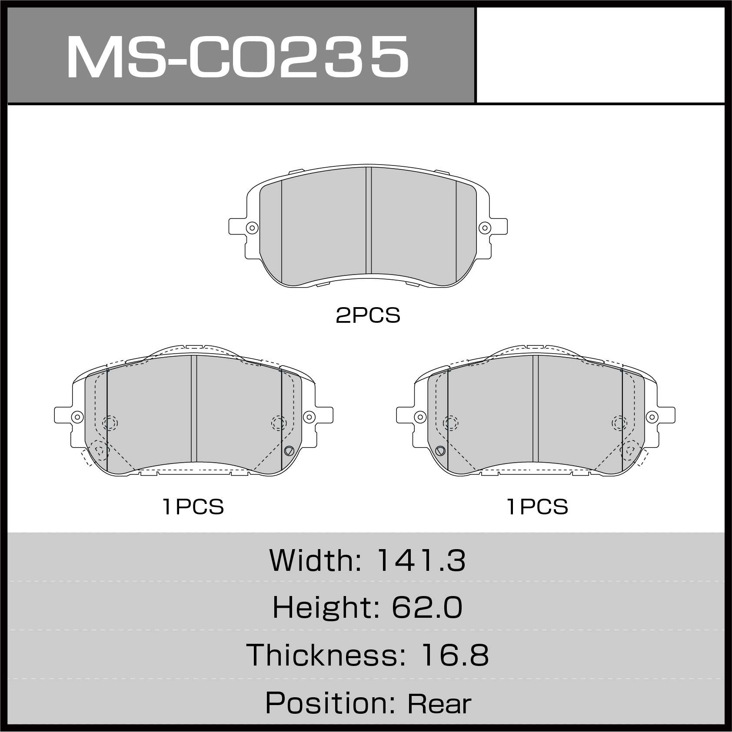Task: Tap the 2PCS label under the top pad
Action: (x=368, y=316)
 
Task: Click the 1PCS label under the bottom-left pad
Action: (x=193, y=507)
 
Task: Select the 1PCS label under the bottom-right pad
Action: (x=538, y=507)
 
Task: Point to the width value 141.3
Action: (x=421, y=560)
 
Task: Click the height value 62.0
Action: (x=427, y=607)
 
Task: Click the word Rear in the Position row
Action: (x=439, y=704)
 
